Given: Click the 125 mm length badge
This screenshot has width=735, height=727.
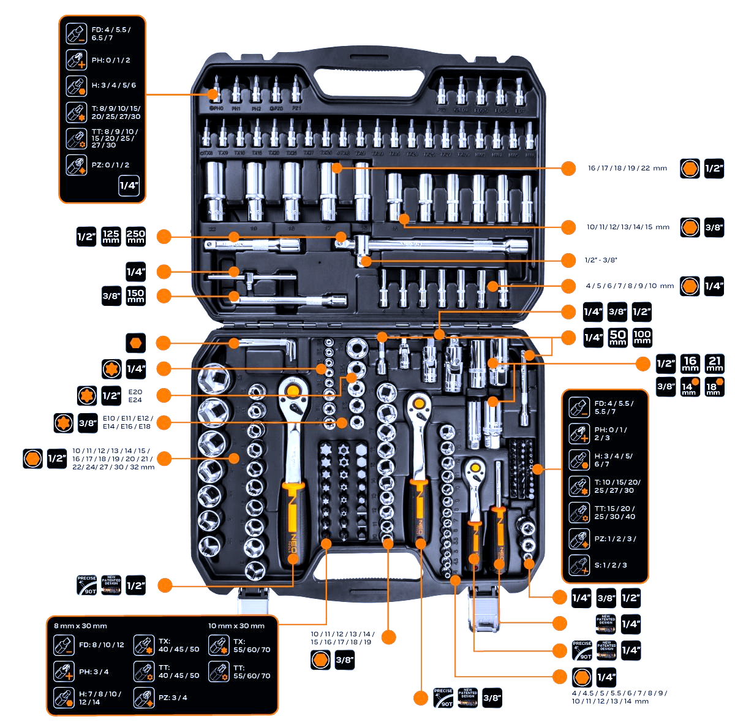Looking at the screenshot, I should (x=111, y=236).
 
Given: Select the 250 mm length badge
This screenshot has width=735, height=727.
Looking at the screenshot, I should (x=135, y=236).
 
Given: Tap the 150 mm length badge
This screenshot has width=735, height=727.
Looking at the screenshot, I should (x=135, y=296).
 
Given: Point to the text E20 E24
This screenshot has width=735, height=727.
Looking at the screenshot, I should (x=135, y=395).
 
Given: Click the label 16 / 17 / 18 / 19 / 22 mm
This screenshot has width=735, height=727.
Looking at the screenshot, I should (x=627, y=168).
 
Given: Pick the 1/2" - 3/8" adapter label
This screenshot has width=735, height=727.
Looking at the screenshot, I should (x=601, y=260).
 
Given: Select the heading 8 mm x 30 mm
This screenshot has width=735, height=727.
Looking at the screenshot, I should (x=80, y=626).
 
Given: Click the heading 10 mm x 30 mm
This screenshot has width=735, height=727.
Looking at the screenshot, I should (x=236, y=626).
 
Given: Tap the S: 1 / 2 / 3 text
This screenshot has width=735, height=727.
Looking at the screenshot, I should (x=611, y=565).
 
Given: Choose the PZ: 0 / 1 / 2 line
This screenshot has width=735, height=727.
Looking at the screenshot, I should (x=110, y=165).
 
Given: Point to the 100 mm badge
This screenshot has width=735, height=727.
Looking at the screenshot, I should (x=642, y=337).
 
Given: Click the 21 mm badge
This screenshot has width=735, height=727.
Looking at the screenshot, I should (x=715, y=363).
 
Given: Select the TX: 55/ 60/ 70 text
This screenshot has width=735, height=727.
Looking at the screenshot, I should (x=252, y=645).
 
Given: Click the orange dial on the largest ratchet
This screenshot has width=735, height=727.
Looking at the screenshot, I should (x=293, y=390).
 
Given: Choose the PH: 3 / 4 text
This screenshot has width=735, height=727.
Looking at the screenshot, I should (x=94, y=672).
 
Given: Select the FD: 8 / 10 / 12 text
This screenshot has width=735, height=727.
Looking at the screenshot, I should (x=101, y=645).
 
